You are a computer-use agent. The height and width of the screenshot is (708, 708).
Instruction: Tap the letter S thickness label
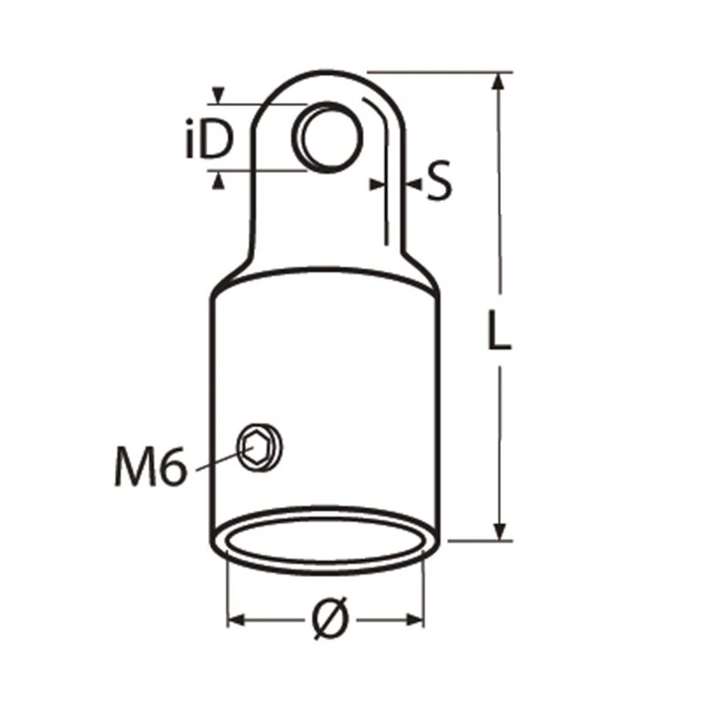pos(439,181)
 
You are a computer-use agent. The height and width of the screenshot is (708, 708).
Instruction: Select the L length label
pos(499,330)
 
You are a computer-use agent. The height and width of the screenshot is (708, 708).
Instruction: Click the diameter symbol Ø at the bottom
pos(330,618)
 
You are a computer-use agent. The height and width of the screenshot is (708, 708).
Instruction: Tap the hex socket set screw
pos(260,448)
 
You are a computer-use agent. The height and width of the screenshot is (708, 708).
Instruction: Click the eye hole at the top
pos(327,137)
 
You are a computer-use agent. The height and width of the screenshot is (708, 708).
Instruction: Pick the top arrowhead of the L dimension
pos(498,82)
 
